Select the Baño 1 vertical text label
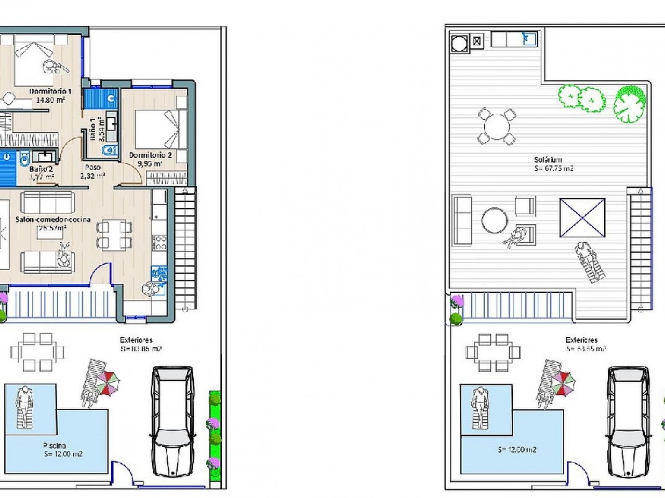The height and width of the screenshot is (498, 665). (x=97, y=129)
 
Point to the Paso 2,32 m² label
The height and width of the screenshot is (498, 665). (x=92, y=172)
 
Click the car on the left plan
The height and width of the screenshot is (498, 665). (x=172, y=421)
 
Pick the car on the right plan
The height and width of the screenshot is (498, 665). (x=628, y=421)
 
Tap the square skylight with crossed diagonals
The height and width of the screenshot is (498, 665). (x=582, y=218)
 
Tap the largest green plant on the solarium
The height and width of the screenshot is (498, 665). (x=629, y=104)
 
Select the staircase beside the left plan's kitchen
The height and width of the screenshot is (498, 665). (x=185, y=249)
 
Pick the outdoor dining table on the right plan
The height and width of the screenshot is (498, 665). (x=493, y=353)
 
